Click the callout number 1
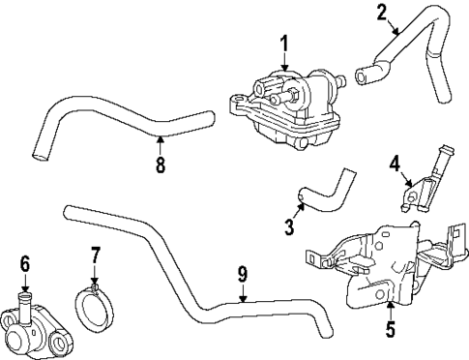[285, 43]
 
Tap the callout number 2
[381, 12]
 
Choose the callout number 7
[95, 255]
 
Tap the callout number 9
[242, 275]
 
